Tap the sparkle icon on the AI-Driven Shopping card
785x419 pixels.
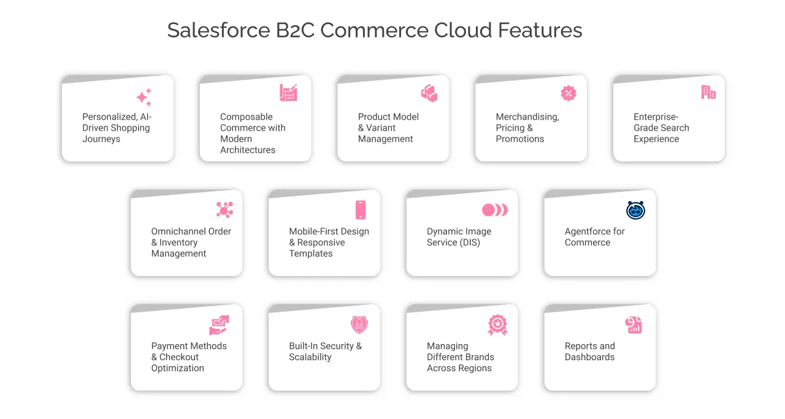tap(144, 97)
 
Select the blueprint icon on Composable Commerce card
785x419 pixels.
tap(288, 93)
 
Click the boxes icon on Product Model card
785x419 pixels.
tap(429, 93)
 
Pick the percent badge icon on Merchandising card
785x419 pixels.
tap(569, 93)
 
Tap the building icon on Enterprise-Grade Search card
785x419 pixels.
tap(708, 92)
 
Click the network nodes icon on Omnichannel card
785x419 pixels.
tap(224, 210)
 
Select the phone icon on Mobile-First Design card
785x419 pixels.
tap(361, 210)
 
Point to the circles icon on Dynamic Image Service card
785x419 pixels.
tap(494, 210)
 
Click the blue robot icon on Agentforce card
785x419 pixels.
tap(635, 210)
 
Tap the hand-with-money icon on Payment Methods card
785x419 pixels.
tap(219, 325)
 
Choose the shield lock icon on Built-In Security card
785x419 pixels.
tap(359, 325)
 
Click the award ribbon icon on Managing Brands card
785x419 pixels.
tap(497, 325)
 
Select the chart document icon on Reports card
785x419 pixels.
tap(634, 325)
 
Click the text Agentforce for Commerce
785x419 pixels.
tap(594, 237)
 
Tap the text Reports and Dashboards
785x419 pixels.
tap(589, 352)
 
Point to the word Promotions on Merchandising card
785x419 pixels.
tap(519, 139)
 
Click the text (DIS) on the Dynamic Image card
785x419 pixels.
tap(470, 242)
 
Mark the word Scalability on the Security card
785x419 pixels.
tap(310, 357)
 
